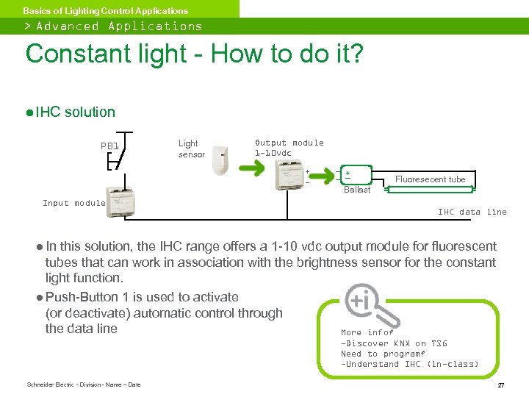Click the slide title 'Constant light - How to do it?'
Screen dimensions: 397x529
194,54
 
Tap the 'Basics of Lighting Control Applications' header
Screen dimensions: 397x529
105,10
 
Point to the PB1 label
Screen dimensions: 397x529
109,146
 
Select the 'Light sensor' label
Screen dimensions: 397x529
191,149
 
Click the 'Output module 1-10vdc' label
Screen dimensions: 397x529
289,148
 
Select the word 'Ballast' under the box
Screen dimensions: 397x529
357,190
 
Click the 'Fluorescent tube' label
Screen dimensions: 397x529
430,179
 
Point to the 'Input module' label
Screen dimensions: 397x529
74,203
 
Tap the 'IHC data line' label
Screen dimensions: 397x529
472,212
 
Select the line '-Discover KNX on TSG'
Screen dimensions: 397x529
394,343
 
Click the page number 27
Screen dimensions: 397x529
500,385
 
